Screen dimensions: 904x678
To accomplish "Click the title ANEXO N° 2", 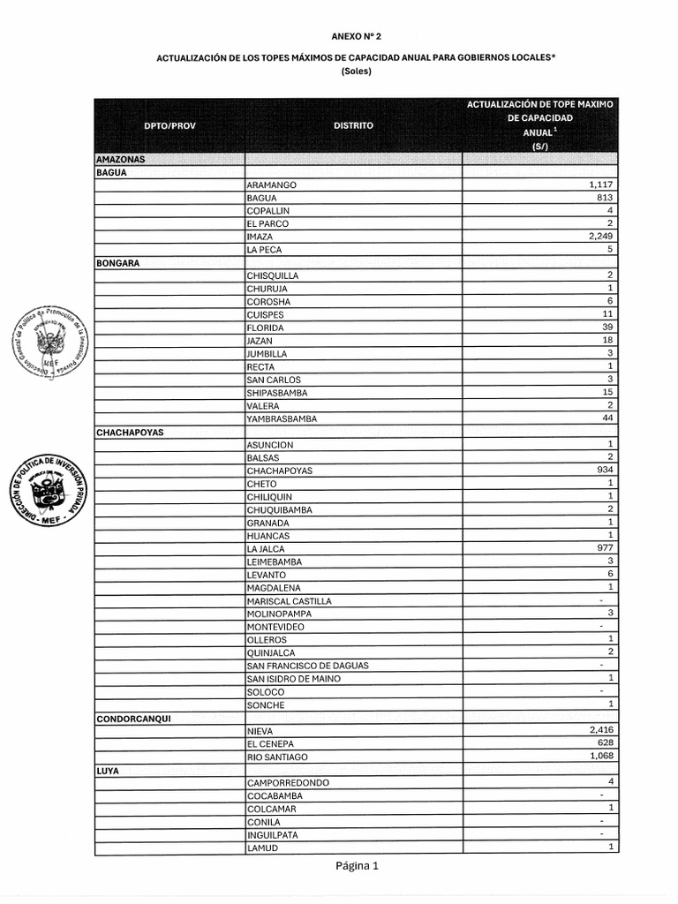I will coord(357,37).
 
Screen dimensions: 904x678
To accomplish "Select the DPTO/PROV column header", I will coord(169,125).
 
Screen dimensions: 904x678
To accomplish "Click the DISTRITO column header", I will coord(353,125).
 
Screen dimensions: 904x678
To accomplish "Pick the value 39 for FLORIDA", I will coord(606,328).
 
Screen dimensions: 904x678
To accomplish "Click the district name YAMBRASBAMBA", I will coord(282,418).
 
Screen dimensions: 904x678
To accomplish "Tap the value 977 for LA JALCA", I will coord(605,548).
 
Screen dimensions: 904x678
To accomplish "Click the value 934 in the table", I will coord(605,471).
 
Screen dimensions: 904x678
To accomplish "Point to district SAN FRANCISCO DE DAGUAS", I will coord(307,665).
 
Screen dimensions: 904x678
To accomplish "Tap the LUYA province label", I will coord(108,771).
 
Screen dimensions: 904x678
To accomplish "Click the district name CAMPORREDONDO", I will coord(288,783).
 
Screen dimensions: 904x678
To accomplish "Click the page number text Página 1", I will coord(357,866).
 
